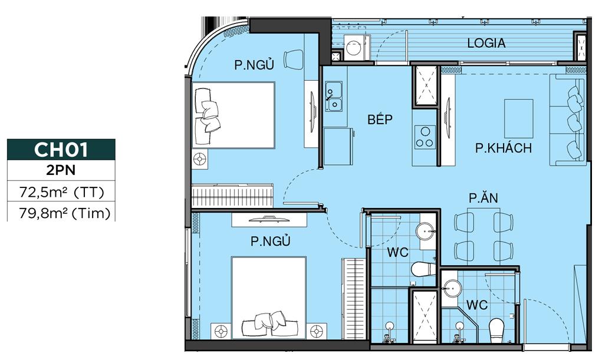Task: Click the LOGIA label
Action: [x=486, y=43]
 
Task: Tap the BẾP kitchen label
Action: [x=380, y=119]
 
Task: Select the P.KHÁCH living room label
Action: [x=504, y=147]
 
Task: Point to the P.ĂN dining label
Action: [x=483, y=197]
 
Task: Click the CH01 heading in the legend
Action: [x=61, y=150]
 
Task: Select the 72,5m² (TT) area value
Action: [x=61, y=191]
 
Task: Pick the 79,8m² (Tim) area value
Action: [x=64, y=212]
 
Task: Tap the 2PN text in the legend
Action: [x=61, y=170]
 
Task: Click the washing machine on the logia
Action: [x=354, y=48]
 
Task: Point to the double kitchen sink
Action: [x=334, y=96]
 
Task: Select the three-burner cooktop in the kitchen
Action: [x=425, y=137]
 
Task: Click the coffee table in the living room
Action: [x=518, y=118]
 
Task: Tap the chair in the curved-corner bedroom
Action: [x=294, y=60]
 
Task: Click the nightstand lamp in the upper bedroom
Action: [x=200, y=159]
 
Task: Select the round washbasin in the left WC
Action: [x=425, y=232]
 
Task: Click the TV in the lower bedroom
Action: [x=269, y=219]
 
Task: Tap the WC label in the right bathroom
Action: [x=477, y=305]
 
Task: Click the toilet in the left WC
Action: [x=423, y=269]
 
